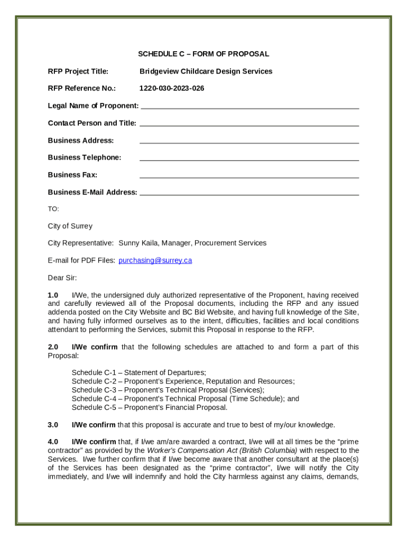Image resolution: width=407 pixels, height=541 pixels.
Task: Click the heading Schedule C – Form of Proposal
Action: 203,54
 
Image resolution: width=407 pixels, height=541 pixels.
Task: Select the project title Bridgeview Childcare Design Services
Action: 206,71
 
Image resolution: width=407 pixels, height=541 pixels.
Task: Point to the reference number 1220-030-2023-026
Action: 171,88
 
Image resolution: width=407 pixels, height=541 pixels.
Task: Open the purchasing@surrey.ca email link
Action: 155,260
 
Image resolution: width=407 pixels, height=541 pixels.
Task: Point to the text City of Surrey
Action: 70,226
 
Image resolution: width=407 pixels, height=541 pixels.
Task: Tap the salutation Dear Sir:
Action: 62,278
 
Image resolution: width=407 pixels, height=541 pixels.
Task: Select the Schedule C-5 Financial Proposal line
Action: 149,407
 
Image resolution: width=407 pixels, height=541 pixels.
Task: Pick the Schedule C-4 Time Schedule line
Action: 185,399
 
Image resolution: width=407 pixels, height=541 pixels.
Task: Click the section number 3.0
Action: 53,425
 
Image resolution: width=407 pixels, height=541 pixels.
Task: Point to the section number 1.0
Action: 53,295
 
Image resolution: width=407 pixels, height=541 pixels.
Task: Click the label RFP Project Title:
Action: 78,71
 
